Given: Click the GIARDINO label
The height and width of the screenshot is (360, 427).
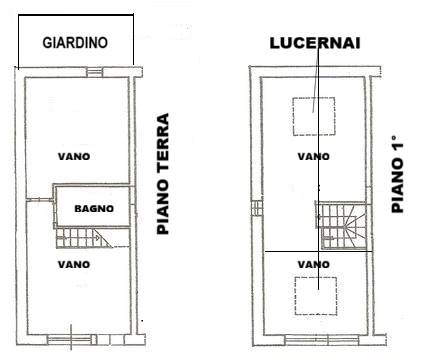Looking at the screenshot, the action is click(75, 43).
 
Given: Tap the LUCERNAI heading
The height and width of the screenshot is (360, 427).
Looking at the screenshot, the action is click(315, 43).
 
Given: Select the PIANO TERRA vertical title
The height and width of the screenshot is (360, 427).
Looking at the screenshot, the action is click(163, 174).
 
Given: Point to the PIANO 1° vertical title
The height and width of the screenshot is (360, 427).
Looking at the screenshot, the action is click(397, 174).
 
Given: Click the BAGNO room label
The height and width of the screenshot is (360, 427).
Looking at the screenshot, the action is click(94, 209).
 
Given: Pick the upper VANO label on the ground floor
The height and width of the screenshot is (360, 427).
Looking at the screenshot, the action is click(74, 157).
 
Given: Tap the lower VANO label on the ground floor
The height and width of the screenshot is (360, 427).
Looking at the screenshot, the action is click(74, 265).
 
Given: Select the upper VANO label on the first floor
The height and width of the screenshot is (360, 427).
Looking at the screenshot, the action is click(314, 157).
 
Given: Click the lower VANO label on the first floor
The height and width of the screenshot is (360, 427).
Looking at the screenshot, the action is click(314, 265).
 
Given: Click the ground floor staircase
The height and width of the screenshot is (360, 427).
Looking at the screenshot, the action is click(84, 238).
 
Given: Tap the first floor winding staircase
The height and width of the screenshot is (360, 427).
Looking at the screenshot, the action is click(343, 226).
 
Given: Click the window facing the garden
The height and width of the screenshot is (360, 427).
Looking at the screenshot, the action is click(94, 72).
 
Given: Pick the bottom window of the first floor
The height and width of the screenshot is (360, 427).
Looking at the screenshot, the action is click(322, 340).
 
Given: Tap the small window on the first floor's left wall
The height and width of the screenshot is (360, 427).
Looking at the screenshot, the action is click(257, 209).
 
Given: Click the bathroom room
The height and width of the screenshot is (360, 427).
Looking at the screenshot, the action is click(93, 206).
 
